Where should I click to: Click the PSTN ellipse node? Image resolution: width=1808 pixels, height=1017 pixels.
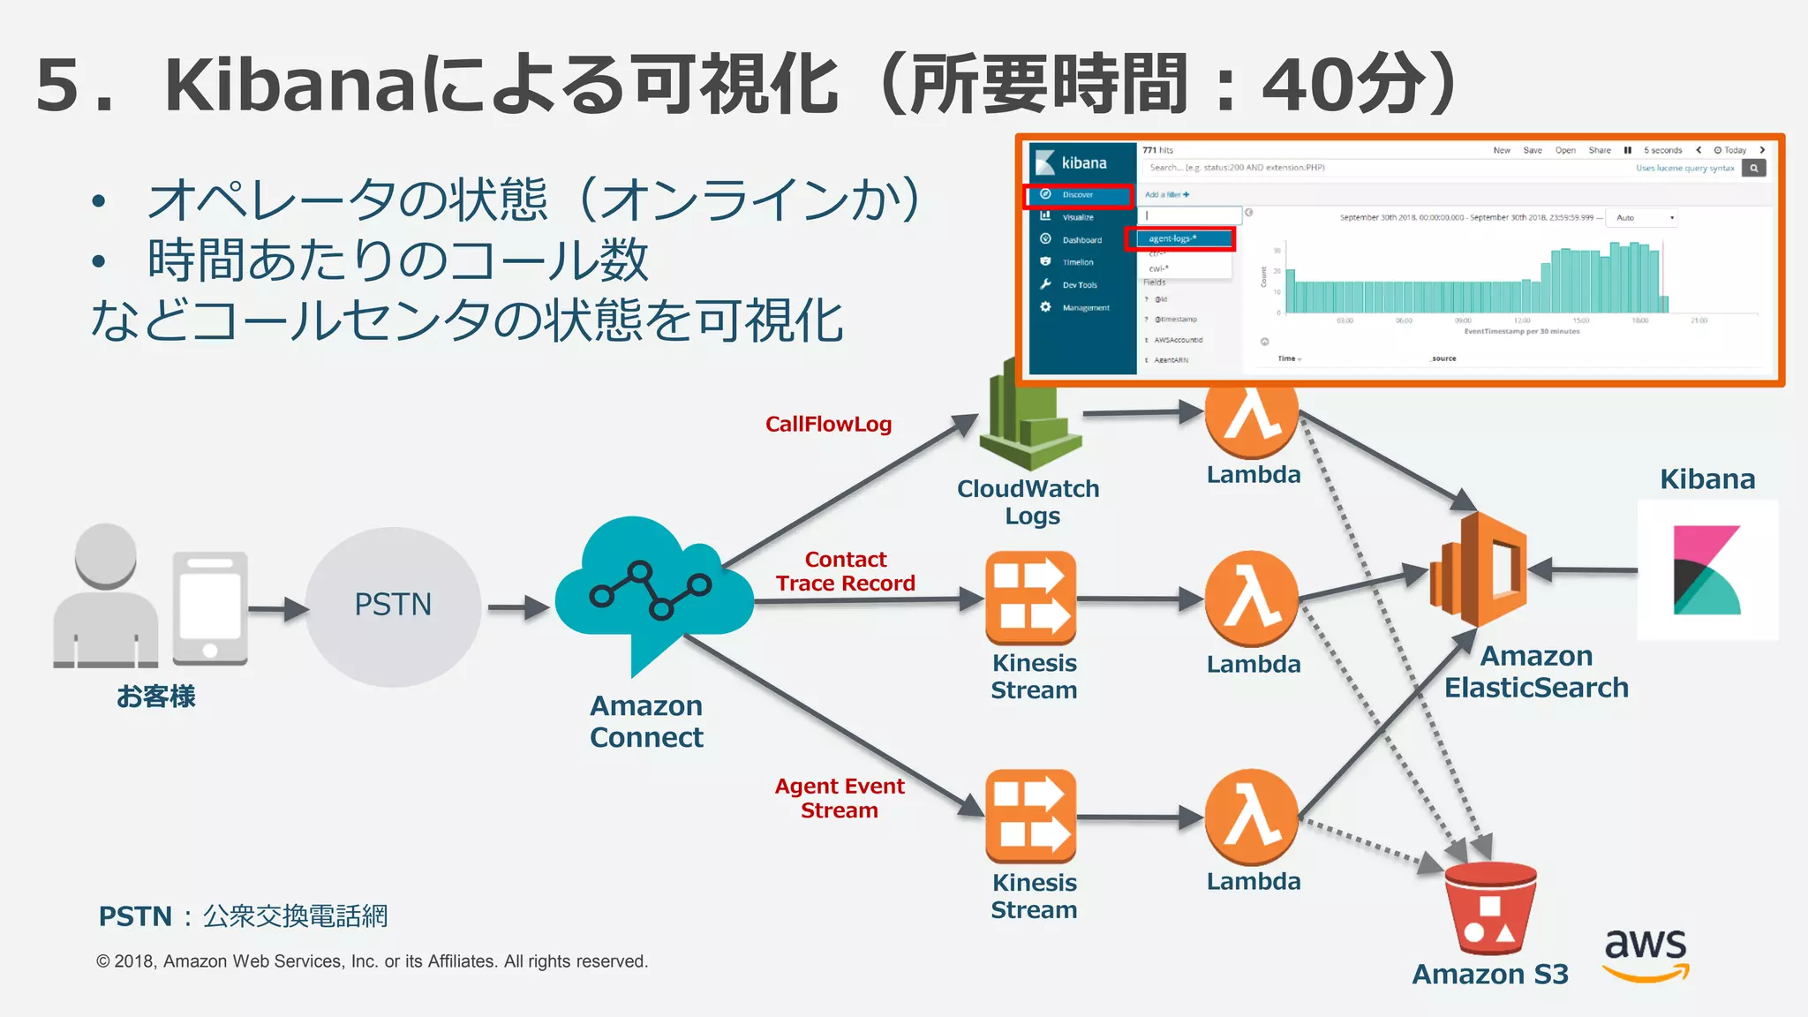[x=393, y=606]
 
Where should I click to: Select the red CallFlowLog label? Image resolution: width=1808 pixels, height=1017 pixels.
[x=828, y=425]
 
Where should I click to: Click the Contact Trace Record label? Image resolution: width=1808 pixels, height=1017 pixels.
[x=845, y=571]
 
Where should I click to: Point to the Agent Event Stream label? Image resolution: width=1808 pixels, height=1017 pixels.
[x=839, y=798]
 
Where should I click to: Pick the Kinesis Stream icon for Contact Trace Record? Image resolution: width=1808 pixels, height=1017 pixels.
[x=1031, y=598]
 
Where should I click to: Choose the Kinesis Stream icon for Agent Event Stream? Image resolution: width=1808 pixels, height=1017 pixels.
[x=1031, y=817]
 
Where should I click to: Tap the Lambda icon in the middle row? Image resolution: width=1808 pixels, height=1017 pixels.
[x=1252, y=598]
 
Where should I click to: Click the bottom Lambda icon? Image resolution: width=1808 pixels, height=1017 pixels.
[x=1252, y=817]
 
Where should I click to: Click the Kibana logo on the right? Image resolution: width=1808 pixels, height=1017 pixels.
[x=1706, y=570]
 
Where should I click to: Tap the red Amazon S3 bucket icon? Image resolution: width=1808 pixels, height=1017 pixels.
[x=1490, y=909]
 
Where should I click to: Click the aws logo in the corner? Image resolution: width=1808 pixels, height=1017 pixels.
[x=1646, y=953]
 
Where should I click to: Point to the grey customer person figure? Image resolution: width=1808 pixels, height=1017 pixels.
[x=106, y=596]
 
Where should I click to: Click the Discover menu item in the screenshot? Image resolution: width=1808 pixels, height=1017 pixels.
[x=1078, y=195]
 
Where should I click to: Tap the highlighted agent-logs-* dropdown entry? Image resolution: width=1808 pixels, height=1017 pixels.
[x=1179, y=238]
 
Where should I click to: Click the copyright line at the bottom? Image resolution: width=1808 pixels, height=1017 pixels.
[x=372, y=961]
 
